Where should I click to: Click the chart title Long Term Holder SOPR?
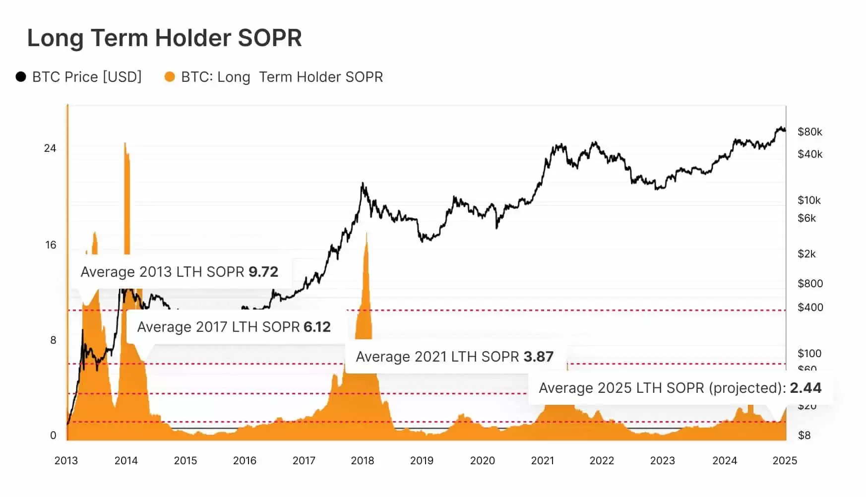click(x=164, y=38)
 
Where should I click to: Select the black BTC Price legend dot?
click(x=21, y=77)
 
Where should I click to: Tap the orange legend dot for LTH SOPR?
click(x=170, y=77)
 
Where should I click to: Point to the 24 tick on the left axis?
click(x=50, y=148)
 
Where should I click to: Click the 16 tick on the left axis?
click(x=51, y=245)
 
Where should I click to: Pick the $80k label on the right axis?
click(x=809, y=132)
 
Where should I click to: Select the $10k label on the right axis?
click(x=809, y=200)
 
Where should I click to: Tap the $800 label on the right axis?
click(x=810, y=284)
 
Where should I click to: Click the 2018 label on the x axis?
click(x=362, y=461)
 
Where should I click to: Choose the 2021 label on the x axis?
click(x=542, y=461)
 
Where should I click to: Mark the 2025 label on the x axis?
click(x=785, y=461)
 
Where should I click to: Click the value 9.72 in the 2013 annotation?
click(x=263, y=272)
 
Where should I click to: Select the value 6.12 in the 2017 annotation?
click(x=317, y=327)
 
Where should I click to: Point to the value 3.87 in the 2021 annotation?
click(x=538, y=357)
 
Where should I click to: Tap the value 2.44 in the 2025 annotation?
click(x=805, y=388)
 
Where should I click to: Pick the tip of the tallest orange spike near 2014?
click(x=125, y=144)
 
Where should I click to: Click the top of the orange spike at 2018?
click(x=367, y=233)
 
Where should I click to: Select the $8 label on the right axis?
click(x=804, y=435)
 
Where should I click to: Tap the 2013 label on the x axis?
click(x=66, y=461)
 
